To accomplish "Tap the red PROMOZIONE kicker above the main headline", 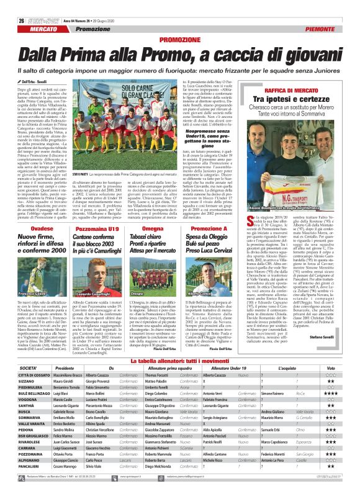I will (179, 40).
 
